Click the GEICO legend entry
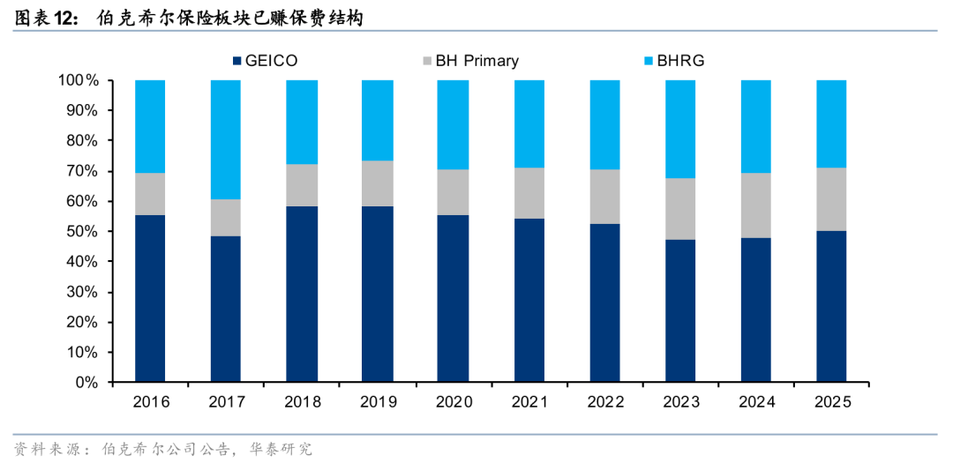pos(265,61)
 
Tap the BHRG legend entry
pos(673,61)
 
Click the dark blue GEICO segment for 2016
pos(150,299)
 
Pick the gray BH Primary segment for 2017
pos(226,218)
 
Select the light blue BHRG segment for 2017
pos(226,139)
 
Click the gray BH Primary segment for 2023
pos(680,209)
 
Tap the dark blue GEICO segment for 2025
pos(831,307)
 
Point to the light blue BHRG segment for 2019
pos(377,120)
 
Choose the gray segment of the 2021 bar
pos(529,193)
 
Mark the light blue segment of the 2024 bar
pos(755,126)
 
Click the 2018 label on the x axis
pos(302,401)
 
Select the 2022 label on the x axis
pos(604,401)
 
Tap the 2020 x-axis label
pos(454,401)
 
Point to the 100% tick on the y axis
pos(79,80)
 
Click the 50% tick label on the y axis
pos(83,231)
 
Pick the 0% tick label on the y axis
pos(87,383)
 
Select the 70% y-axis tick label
pos(83,171)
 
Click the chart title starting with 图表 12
pos(189,19)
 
